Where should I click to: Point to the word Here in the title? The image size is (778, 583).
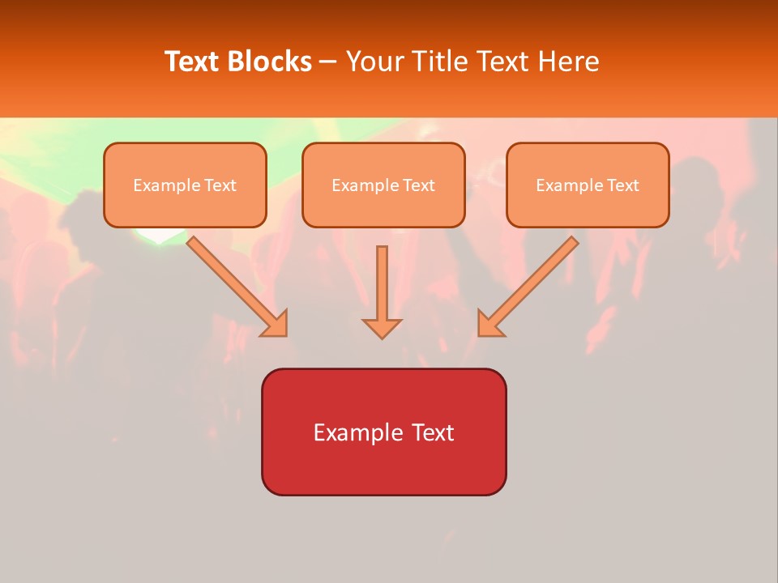click(569, 62)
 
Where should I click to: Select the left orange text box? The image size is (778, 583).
click(185, 185)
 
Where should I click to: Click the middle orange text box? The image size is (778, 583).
click(383, 185)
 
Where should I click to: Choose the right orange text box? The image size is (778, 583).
click(588, 185)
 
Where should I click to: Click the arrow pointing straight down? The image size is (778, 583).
click(382, 291)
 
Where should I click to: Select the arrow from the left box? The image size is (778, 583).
click(235, 283)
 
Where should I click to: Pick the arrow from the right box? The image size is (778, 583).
click(531, 283)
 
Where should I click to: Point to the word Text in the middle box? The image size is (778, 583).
click(418, 185)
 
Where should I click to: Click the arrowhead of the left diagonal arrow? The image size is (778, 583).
click(276, 324)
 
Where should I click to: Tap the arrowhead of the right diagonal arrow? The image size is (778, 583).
click(489, 324)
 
